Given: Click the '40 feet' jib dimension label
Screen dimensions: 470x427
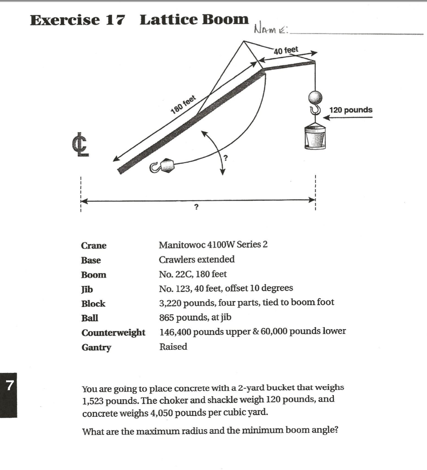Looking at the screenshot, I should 286,50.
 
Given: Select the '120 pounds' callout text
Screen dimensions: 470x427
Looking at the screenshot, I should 351,110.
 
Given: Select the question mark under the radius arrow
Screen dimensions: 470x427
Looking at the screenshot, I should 196,208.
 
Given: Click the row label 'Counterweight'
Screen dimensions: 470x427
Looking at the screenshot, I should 113,333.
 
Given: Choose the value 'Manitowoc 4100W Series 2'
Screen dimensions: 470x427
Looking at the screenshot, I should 213,245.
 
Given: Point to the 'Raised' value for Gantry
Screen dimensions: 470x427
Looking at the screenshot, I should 173,347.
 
